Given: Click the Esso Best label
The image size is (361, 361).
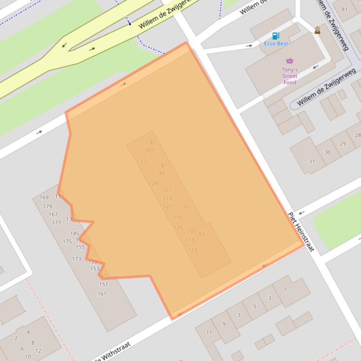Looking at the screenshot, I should coord(276,44).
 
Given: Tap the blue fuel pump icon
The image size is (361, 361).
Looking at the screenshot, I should coord(276,36).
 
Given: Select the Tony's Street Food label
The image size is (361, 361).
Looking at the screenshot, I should coord(290,76).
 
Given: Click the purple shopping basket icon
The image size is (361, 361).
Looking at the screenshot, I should coord(290,60).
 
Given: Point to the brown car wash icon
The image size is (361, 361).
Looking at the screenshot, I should coord(318,31).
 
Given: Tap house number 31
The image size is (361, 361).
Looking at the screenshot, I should coord(312,161).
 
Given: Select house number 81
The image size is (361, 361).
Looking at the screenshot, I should coord(345,9).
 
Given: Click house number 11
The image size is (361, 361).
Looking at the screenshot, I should coord(209,332).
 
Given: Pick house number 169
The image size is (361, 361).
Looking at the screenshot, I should coord(44,197).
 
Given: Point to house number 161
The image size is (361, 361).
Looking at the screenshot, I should coord(102,294).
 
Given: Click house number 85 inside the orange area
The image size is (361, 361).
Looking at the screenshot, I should coord(153,143).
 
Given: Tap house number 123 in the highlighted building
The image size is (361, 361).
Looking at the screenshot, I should coord(192,250).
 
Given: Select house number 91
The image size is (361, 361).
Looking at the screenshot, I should coord(187,207).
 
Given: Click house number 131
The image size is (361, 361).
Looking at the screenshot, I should coord(141,161).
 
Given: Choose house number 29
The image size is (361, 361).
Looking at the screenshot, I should coord(343,144).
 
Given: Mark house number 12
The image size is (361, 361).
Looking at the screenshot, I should coord(38,350).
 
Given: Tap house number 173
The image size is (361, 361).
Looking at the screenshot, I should coord(77,259).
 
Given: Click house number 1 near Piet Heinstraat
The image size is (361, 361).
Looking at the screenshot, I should coord(285,289).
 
